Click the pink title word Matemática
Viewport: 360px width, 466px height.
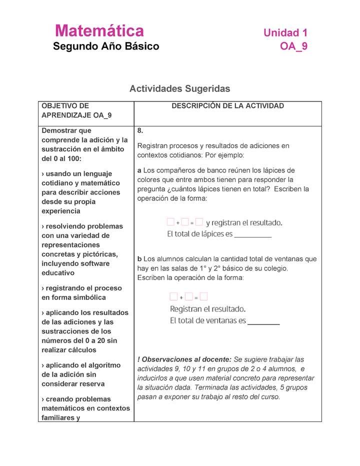coord(99,31)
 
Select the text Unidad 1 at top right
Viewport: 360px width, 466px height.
coord(285,33)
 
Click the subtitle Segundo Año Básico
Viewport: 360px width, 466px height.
coord(106,46)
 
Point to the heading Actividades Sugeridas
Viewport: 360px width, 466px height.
coord(179,88)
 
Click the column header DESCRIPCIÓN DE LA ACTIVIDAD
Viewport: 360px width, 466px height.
coord(227,106)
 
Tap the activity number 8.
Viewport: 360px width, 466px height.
coord(140,130)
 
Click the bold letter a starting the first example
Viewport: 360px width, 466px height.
coord(139,170)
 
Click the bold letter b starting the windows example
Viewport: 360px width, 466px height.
coord(139,259)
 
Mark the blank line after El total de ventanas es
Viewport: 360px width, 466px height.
coord(263,321)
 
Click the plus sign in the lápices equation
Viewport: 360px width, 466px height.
coord(178,223)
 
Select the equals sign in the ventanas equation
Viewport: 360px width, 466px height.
coord(196,297)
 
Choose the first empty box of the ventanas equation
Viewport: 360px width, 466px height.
coord(173,297)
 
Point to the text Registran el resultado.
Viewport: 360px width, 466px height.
coord(207,308)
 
